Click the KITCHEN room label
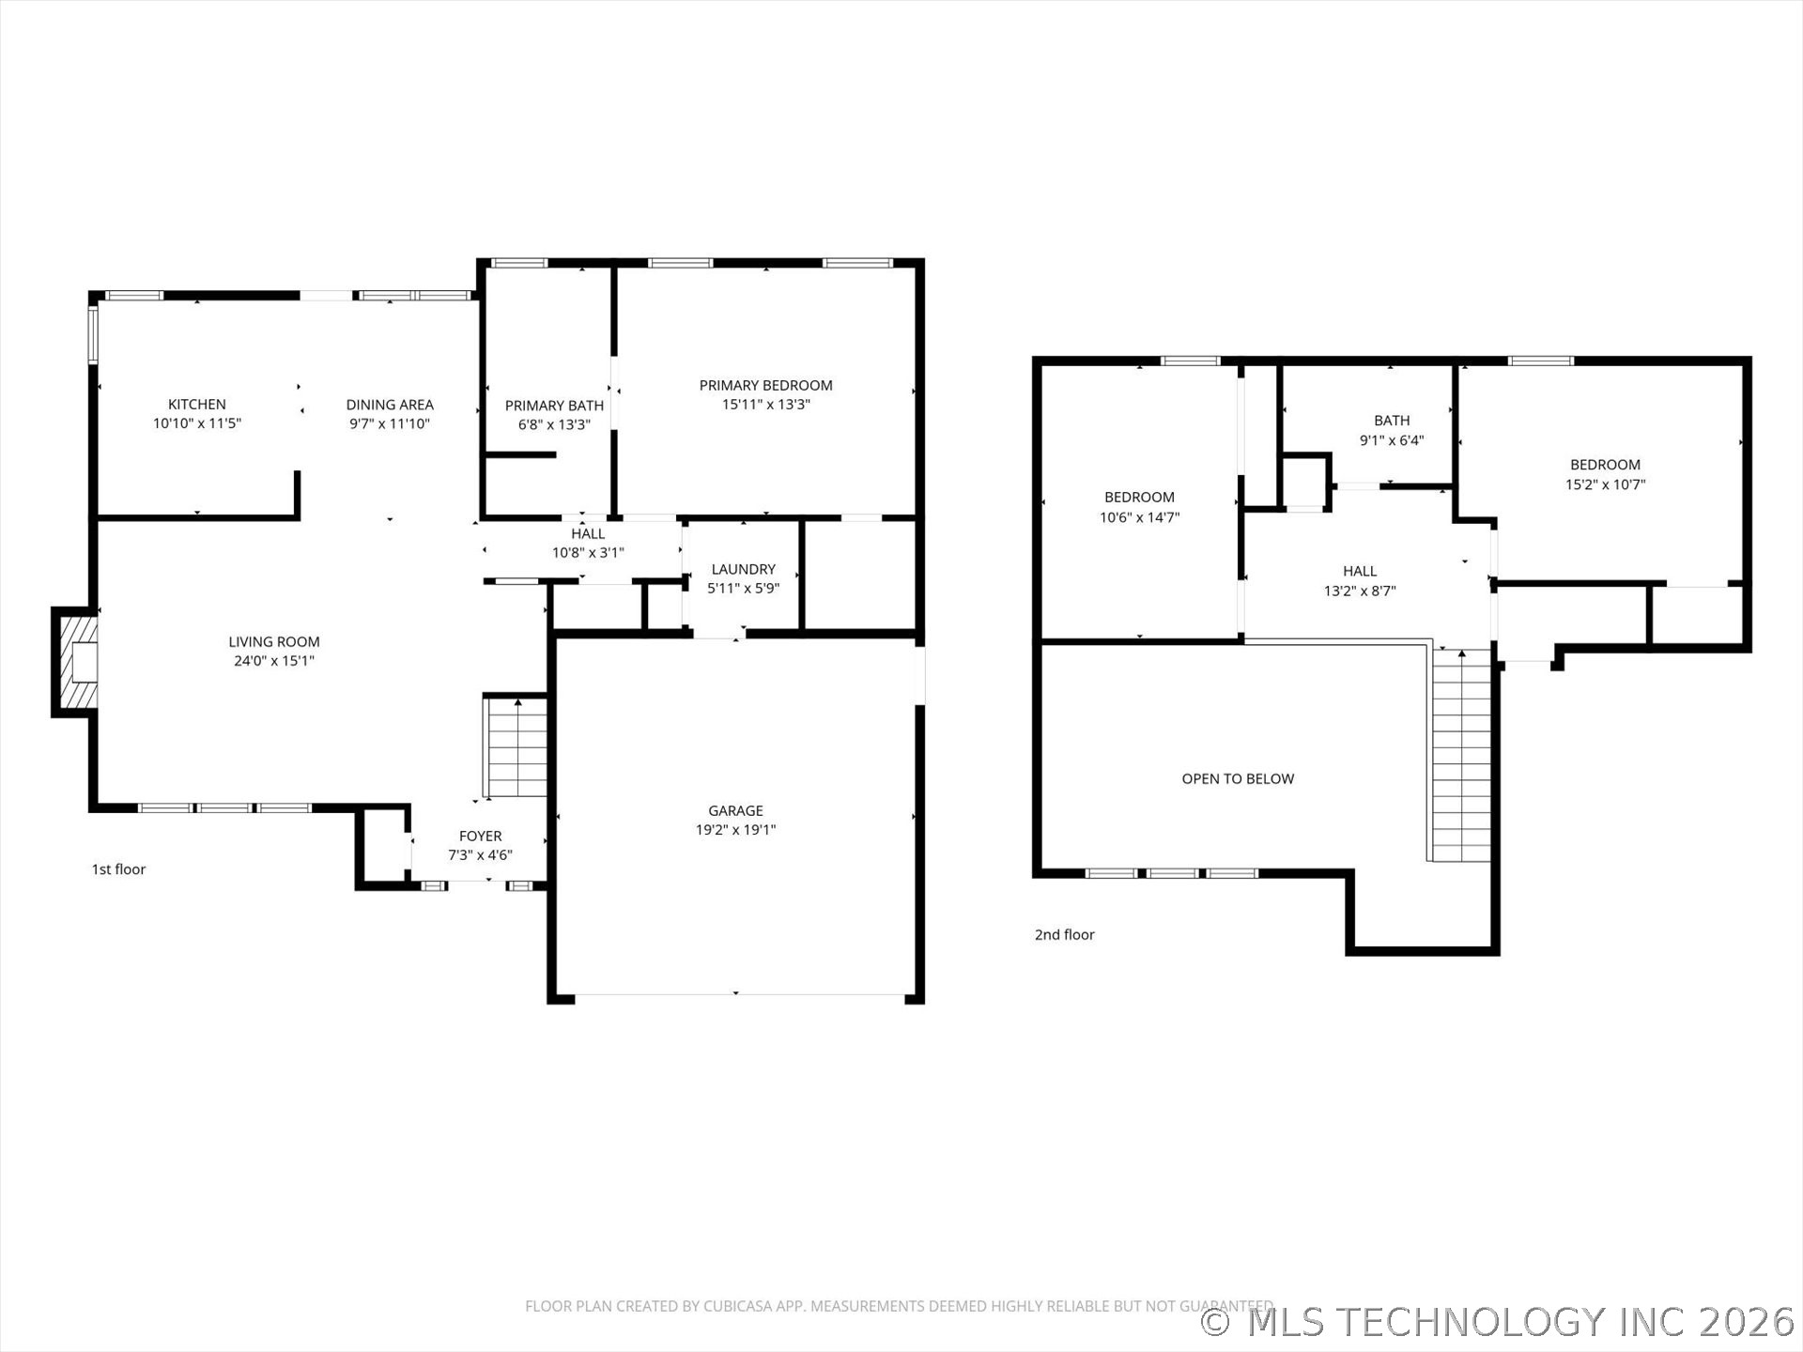[x=196, y=405]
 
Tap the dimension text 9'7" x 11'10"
[x=389, y=423]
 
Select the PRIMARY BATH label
[x=554, y=406]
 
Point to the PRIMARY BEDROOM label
[x=765, y=385]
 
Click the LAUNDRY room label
[x=743, y=569]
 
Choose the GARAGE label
[x=735, y=810]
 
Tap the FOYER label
[x=480, y=836]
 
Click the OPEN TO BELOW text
[x=1237, y=778]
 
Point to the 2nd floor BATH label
[x=1391, y=421]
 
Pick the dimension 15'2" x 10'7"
[x=1605, y=484]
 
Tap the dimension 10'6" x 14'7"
[x=1139, y=517]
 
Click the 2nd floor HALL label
[x=1359, y=571]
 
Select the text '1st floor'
[x=118, y=869]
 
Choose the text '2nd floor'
[x=1064, y=934]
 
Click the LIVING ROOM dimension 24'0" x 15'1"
[x=273, y=661]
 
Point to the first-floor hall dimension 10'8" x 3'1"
[x=588, y=553]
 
